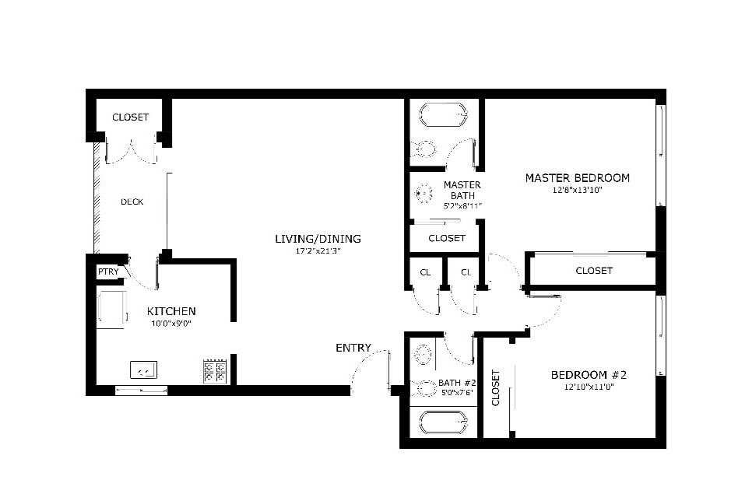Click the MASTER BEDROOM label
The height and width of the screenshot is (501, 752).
[577, 177]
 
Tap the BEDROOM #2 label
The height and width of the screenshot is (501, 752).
[589, 375]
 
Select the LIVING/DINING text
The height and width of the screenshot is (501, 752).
[318, 239]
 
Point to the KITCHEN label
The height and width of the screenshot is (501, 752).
[171, 311]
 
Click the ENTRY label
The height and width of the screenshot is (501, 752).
[353, 348]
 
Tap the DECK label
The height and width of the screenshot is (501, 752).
[132, 202]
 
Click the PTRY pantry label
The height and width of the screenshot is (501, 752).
[108, 272]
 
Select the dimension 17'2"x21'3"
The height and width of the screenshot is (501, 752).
[318, 251]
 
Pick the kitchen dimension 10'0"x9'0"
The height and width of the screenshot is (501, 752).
[171, 324]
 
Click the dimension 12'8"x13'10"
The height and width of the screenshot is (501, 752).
[577, 190]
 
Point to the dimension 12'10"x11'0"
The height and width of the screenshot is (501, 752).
[589, 387]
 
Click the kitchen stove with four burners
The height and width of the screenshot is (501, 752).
[215, 371]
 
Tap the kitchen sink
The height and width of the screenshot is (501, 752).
[144, 370]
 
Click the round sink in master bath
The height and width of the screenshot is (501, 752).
[423, 194]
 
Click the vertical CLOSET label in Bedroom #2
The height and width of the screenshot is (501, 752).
[495, 387]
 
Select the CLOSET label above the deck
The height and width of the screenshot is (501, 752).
[130, 117]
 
